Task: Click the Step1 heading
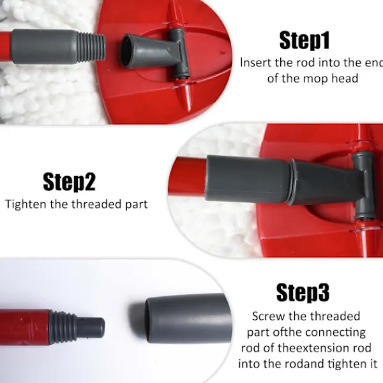tap(304, 41)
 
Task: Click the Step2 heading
tap(69, 181)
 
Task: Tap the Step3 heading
tap(303, 292)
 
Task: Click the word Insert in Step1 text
tap(255, 63)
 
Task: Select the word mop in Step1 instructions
tap(316, 79)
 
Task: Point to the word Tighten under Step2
tap(26, 204)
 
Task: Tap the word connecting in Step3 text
tap(335, 333)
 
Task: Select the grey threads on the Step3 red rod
tap(63, 327)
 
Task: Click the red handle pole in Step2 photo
tap(188, 177)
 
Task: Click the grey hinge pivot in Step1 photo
tap(180, 53)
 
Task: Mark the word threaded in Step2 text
tap(97, 204)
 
